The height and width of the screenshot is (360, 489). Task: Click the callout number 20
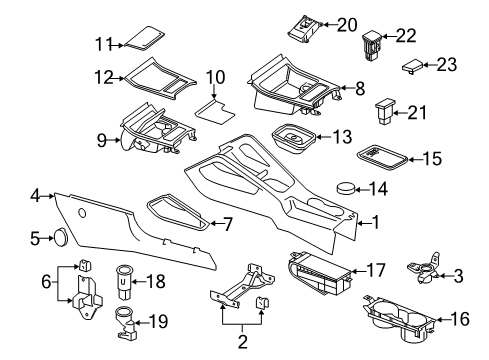coord(347,25)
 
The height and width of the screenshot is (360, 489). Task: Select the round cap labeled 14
coord(346,188)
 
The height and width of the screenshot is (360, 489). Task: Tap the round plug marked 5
coord(60,238)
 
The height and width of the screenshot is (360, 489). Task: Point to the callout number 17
coord(376,270)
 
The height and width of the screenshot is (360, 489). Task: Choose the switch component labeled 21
coord(385,110)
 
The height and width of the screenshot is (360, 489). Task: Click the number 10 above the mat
coord(215,77)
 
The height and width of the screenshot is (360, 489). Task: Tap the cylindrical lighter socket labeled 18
coord(124,282)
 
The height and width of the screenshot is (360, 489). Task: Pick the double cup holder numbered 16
coord(400,320)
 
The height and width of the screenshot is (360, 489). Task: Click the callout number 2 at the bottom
coord(242,341)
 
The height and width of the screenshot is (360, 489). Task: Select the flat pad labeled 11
coord(145,39)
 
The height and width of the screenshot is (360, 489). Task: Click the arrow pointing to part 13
coord(323,137)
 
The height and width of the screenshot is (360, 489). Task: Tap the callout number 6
coord(46,282)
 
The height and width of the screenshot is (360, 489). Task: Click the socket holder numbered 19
coord(125,322)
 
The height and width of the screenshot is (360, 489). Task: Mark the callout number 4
coord(35,196)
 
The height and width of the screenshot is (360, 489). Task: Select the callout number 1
coord(376,222)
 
